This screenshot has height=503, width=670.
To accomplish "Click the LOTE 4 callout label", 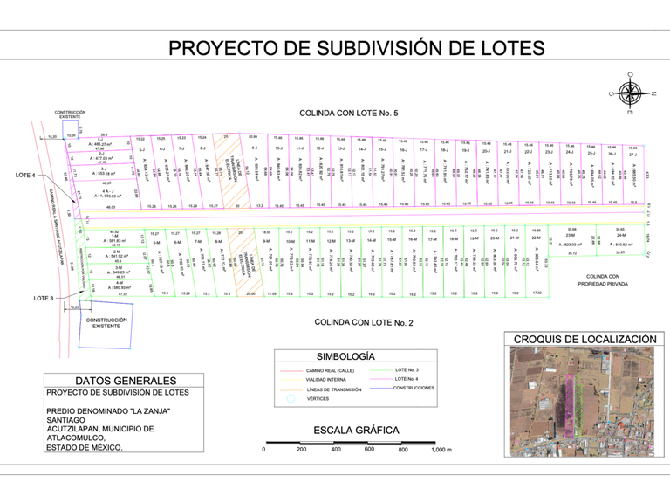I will click(x=26, y=176).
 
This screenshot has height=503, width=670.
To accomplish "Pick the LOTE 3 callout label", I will click(x=44, y=299).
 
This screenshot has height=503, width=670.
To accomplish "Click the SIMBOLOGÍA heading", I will click(x=344, y=356).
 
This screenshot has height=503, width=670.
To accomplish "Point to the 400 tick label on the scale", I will click(x=335, y=450).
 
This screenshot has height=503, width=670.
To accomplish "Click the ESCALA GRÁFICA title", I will click(x=356, y=430).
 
